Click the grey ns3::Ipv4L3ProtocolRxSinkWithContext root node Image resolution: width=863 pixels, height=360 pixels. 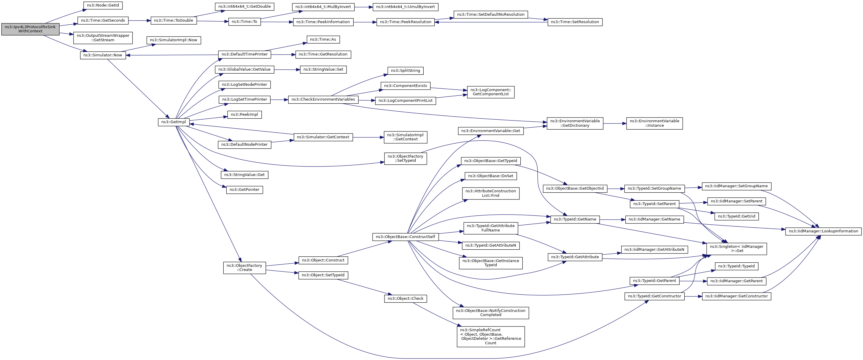30,29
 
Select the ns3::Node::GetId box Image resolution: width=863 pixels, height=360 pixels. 103,5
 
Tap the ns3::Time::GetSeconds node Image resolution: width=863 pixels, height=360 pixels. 103,20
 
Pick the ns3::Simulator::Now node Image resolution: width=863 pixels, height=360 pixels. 103,55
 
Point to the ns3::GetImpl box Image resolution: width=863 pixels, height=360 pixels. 174,122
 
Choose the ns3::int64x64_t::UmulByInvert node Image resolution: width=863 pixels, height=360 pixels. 405,7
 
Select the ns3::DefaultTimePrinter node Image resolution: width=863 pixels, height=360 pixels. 244,54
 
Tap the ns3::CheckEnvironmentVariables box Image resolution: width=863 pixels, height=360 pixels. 323,99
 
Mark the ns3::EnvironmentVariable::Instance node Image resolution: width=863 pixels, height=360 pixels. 654,123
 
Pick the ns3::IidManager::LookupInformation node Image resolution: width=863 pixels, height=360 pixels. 823,231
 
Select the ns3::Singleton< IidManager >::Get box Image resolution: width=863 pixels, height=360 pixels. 736,249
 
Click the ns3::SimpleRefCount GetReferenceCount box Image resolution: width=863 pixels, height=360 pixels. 490,337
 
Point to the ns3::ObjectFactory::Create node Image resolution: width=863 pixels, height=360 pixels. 244,268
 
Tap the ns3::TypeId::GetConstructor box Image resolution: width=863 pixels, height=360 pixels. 654,296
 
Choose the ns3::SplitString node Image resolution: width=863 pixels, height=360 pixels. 405,71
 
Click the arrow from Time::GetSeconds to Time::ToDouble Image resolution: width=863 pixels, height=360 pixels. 139,20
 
